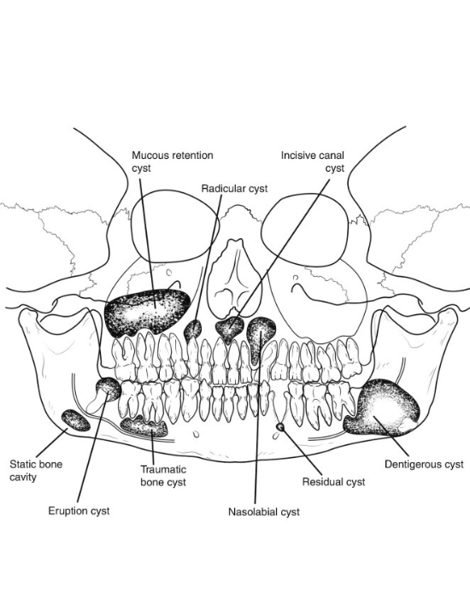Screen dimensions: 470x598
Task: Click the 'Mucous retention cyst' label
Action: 173,161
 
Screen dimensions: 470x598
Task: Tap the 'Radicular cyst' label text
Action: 234,189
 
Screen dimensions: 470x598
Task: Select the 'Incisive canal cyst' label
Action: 313,161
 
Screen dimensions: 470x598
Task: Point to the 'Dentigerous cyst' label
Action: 424,464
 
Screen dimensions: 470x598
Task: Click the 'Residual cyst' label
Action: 333,482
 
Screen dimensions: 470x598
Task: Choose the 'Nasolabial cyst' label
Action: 263,512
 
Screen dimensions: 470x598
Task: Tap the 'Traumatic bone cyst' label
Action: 163,476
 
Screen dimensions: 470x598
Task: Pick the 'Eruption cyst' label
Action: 79,511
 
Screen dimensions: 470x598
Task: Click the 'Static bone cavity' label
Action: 36,471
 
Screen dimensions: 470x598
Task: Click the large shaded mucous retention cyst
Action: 147,312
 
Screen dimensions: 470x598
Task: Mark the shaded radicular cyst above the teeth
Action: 193,330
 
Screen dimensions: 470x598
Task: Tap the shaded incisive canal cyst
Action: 230,329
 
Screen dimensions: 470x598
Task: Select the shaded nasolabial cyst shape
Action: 261,337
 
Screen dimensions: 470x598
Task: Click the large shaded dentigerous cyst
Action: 381,407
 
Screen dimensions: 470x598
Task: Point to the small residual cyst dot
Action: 280,427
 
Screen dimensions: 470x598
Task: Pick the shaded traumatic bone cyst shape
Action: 144,426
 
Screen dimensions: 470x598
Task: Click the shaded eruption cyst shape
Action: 109,388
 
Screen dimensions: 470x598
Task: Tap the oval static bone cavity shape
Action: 76,420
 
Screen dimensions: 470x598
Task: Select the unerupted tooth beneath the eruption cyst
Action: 95,402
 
